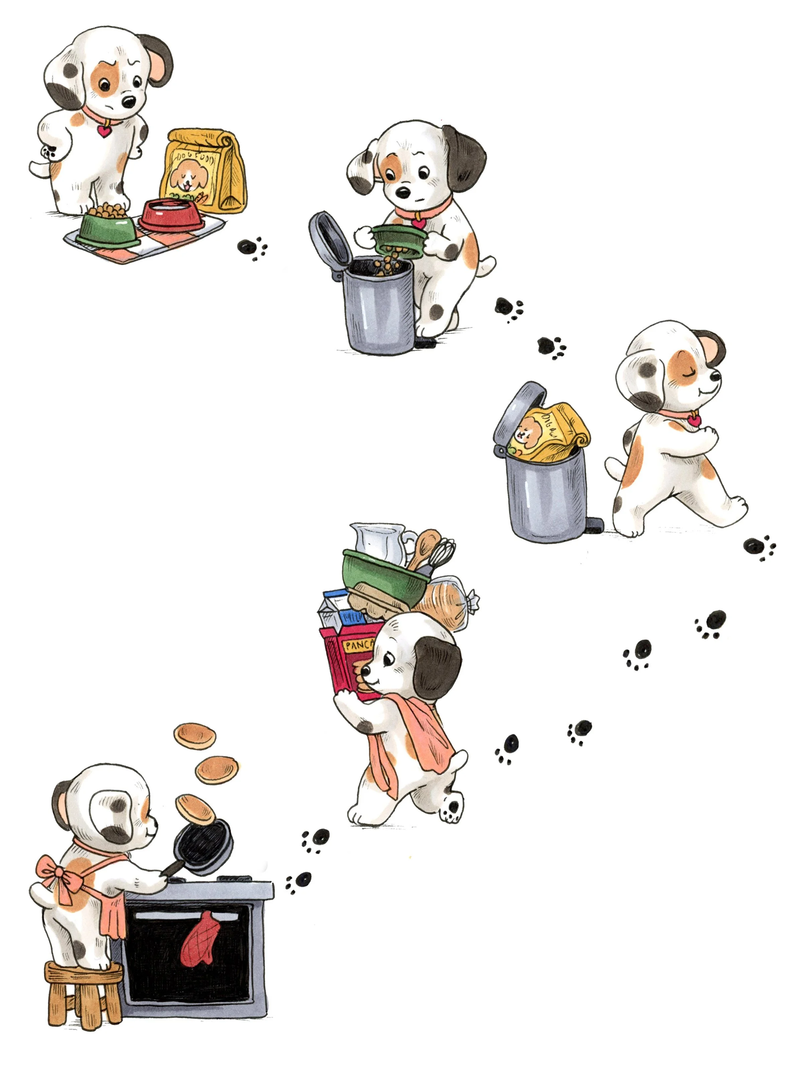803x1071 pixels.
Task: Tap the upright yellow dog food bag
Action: pos(206,169)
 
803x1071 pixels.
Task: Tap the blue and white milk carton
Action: pos(336,610)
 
